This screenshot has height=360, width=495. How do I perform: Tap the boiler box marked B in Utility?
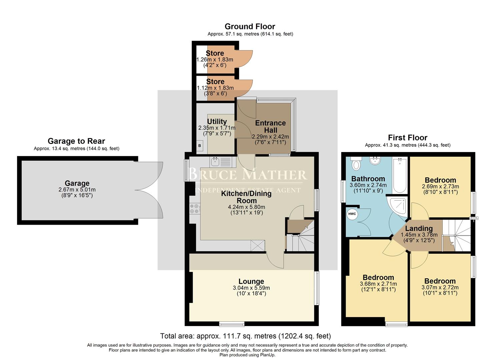pos(200,146)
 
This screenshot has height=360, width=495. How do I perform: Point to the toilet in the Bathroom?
pos(356,163)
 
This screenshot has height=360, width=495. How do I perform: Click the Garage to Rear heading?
pos(76,141)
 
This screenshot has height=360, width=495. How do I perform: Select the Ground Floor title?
pos(250,26)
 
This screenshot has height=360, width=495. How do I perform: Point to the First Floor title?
pos(407,138)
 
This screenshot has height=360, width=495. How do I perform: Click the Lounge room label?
pos(251,282)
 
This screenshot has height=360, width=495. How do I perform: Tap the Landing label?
pos(419,229)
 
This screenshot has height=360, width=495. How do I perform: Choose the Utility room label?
pos(217,122)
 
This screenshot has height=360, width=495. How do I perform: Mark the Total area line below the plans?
pos(245,336)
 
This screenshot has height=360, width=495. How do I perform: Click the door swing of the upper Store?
pos(245,58)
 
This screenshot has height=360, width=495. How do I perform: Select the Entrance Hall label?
pos(270,127)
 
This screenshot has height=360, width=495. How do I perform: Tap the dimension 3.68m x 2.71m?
pos(378,284)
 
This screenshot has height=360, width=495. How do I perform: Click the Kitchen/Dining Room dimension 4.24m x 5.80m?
pos(247,207)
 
